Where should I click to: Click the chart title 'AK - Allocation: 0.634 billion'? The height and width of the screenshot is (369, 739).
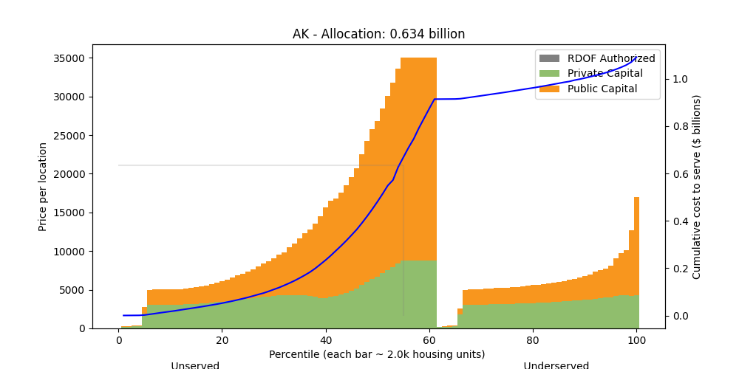[x=378, y=34]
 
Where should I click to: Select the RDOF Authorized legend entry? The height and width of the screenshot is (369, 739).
[x=611, y=58]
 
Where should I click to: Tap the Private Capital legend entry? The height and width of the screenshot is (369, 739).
[x=605, y=73]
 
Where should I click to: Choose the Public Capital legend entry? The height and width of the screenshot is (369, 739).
[x=602, y=89]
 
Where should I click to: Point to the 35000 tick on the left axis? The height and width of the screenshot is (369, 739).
[x=68, y=58]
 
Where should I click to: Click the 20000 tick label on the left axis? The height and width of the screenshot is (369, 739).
[x=68, y=174]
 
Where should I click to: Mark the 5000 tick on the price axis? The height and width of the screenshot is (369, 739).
[x=71, y=290]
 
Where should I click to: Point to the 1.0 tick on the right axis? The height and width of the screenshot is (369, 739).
[x=680, y=79]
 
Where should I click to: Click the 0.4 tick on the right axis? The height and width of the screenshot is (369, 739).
[x=680, y=221]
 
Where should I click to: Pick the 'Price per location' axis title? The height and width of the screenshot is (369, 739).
[x=44, y=187]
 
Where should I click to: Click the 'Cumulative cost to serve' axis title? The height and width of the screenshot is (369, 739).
[x=696, y=187]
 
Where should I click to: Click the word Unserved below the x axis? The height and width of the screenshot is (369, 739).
[x=195, y=365]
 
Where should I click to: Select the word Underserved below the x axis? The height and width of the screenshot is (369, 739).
[x=556, y=365]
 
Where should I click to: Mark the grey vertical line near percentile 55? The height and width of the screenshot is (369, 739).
[x=403, y=244]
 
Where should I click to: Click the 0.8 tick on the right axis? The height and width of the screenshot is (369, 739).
[x=680, y=126]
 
